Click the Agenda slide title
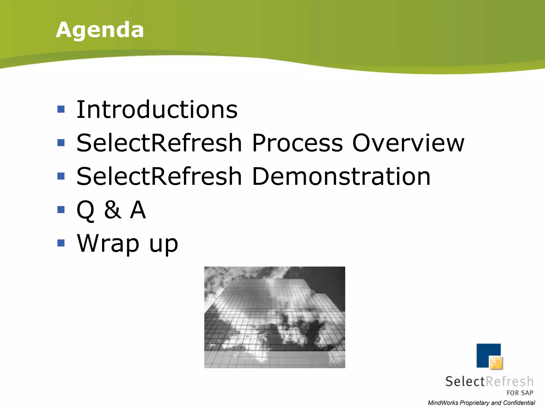coord(100,30)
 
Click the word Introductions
coord(157,109)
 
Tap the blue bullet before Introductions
coord(61,109)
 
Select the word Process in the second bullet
coord(297,143)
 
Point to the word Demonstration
coord(341,176)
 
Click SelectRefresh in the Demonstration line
coord(159,176)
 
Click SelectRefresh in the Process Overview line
coord(159,143)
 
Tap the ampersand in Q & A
coord(113,210)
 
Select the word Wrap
coord(108,243)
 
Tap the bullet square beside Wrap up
coord(61,243)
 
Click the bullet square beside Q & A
coord(61,210)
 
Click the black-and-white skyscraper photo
coord(275,317)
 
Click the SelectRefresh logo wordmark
coord(489,381)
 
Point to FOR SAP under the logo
coord(520,393)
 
